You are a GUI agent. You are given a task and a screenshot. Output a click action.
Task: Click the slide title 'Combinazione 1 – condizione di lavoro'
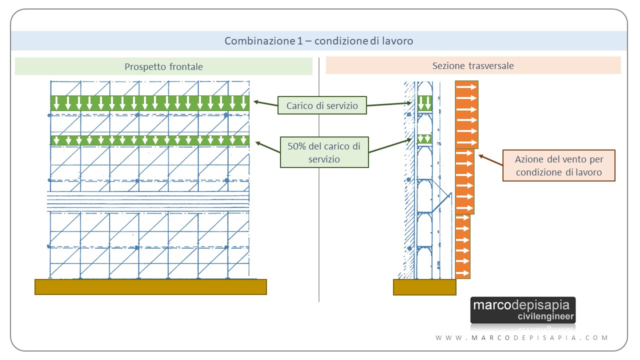point(319,41)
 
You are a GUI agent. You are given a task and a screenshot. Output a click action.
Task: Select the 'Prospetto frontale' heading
point(163,66)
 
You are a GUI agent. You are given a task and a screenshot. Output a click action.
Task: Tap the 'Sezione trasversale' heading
point(473,65)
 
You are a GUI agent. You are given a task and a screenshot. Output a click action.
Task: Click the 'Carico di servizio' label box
point(322,105)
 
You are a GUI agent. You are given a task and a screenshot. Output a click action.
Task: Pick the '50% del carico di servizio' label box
point(324,152)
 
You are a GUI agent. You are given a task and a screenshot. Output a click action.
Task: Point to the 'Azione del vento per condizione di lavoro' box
point(559,165)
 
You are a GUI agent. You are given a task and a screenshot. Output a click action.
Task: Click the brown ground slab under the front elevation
point(150,287)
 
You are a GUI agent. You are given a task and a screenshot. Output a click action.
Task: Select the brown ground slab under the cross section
point(424,287)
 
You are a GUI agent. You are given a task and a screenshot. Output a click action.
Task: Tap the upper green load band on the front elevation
point(150,103)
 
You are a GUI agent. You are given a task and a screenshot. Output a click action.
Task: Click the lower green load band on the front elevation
point(150,140)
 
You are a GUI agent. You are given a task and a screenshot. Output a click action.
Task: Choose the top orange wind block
point(466,114)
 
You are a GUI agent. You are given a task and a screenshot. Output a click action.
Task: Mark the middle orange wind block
point(464,181)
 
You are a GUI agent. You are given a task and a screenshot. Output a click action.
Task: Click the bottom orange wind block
point(462,246)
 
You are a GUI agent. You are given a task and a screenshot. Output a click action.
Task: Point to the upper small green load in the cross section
point(424,103)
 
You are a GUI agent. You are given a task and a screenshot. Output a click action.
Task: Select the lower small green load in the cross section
point(424,139)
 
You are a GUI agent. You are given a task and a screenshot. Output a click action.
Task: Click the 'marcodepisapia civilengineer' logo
point(523,310)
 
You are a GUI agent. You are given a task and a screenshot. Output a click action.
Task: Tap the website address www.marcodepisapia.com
point(521,337)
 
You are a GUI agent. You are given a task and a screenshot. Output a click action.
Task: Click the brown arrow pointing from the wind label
point(490,160)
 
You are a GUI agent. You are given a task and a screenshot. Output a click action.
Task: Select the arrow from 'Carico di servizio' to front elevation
point(265,103)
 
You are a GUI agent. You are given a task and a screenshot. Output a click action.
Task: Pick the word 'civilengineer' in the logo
point(545,316)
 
